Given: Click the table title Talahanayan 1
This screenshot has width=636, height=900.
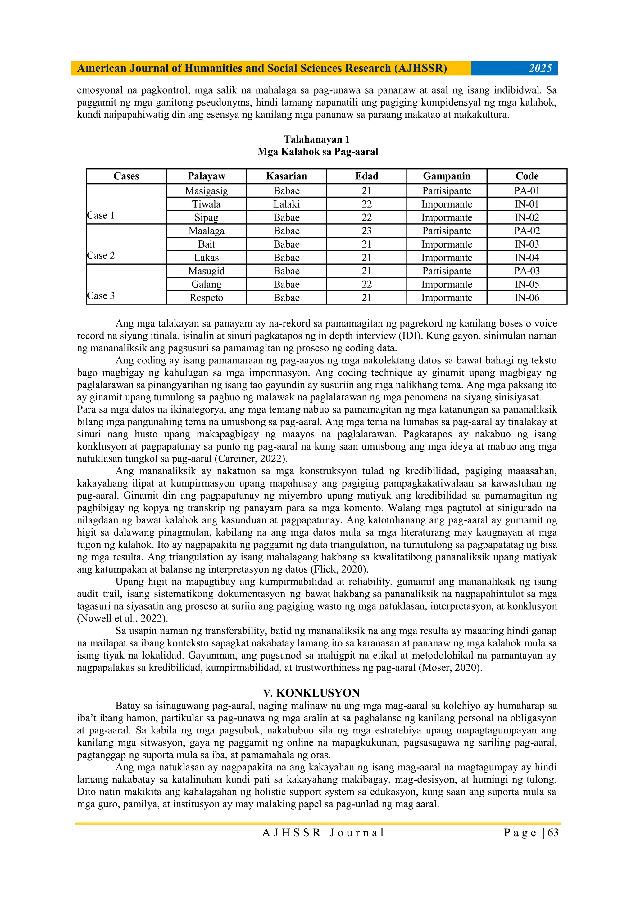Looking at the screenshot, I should [317, 139].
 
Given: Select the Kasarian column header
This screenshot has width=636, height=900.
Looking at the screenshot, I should [286, 176].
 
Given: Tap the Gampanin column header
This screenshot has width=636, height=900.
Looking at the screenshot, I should [446, 176].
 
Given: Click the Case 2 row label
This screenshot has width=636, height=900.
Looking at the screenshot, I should [101, 256].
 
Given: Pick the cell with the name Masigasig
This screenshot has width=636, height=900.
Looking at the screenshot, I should [206, 191].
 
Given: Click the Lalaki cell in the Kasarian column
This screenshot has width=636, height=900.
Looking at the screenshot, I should [286, 204].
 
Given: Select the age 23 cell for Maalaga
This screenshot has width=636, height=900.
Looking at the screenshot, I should [366, 231].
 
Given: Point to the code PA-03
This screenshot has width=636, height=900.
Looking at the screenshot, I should [527, 271].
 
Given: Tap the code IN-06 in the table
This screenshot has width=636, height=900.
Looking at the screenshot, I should [527, 298].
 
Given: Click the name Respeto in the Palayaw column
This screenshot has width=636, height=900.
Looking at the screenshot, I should [206, 298].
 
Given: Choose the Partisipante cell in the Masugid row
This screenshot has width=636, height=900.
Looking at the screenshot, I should [446, 271].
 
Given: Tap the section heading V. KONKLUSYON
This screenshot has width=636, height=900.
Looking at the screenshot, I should [311, 693].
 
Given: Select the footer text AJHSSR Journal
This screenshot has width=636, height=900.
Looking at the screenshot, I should [323, 833].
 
